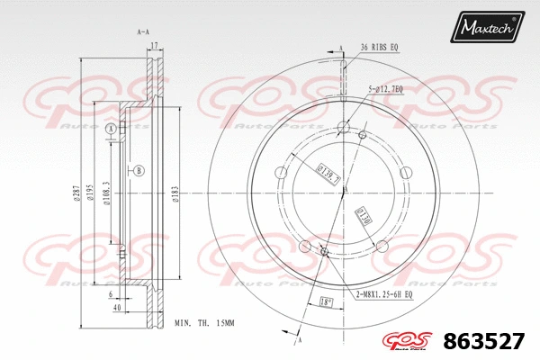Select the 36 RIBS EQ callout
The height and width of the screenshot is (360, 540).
click(382, 47)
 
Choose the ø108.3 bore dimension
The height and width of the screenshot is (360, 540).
click(106, 193)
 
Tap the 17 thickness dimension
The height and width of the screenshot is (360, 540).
click(154, 45)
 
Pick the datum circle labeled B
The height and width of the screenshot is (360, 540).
click(139, 170)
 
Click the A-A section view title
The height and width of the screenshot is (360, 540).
click(142, 32)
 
